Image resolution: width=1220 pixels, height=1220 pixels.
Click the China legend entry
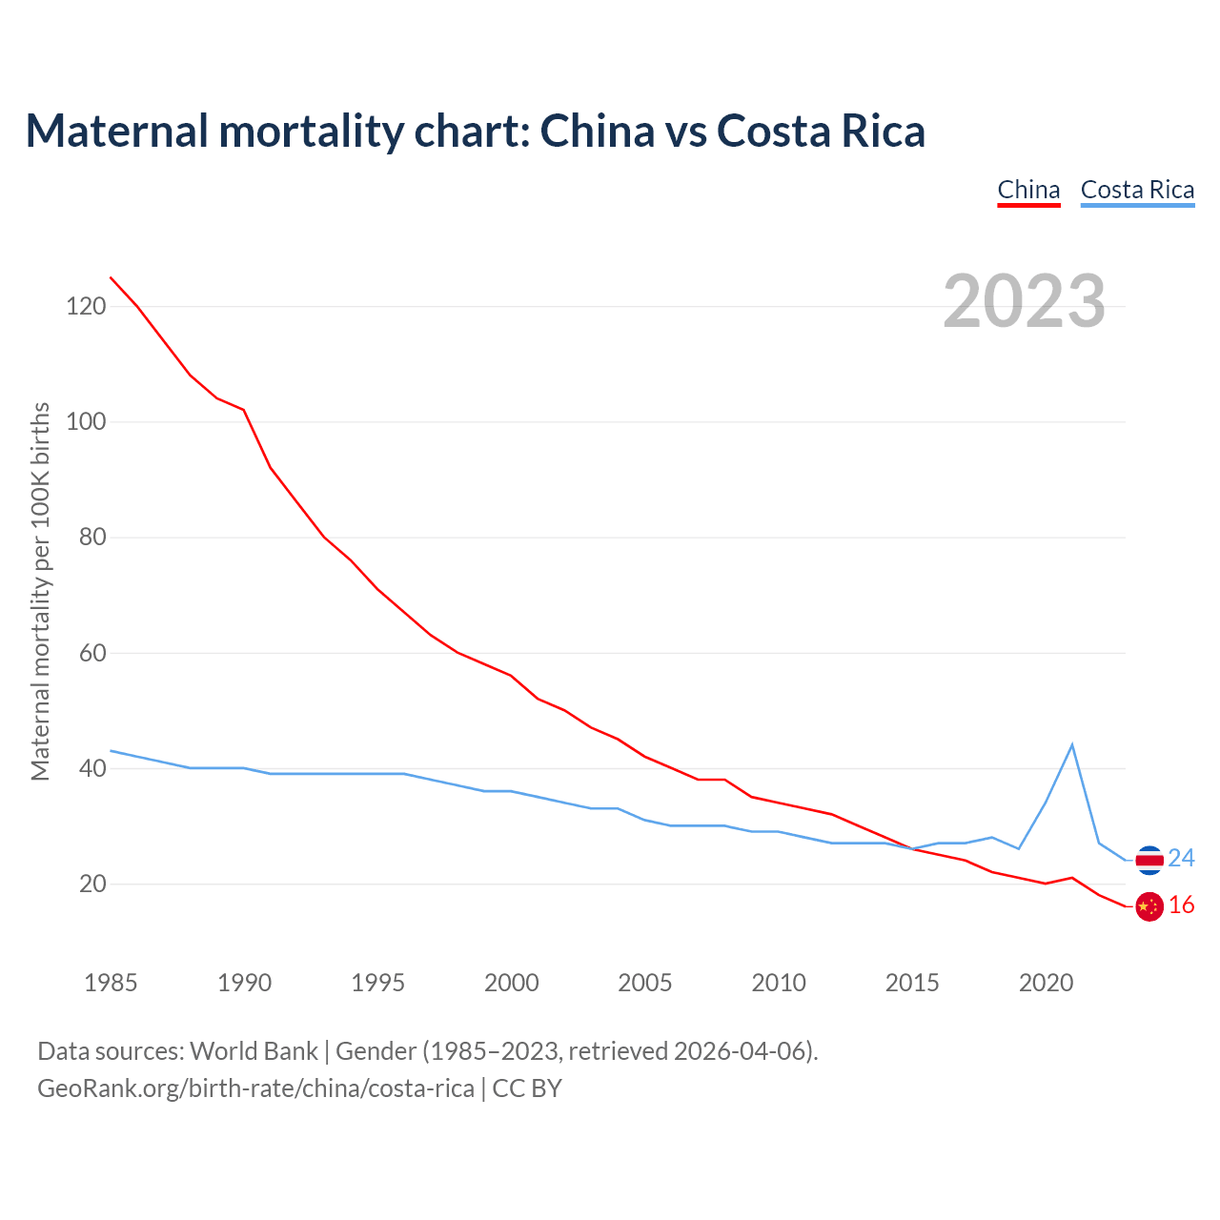pos(1028,190)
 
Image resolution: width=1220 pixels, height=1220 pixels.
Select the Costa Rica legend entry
pos(1137,190)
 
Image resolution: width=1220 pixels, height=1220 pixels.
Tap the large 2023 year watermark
pos(1024,301)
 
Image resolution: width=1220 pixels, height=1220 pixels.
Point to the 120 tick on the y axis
pos(86,306)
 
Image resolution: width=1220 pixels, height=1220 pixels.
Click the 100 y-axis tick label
pos(86,421)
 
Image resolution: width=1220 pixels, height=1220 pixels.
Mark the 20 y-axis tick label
pos(92,884)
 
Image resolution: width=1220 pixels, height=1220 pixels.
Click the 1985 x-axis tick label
pos(111,983)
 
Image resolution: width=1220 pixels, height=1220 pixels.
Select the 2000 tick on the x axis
pos(511,983)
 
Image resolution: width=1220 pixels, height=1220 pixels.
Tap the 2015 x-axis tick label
pos(912,983)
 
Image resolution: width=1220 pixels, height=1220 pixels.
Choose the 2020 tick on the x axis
pos(1046,983)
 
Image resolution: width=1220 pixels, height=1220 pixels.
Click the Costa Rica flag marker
pos(1149,860)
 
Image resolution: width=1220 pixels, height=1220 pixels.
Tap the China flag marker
pos(1149,906)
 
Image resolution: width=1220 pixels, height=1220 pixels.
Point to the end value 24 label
pos(1182,859)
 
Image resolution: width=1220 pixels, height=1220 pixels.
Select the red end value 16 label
pos(1182,905)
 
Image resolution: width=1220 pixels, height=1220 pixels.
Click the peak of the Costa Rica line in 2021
pos(1072,744)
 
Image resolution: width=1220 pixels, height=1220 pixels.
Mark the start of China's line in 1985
pos(111,277)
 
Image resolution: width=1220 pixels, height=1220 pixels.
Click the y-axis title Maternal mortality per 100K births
pos(40,591)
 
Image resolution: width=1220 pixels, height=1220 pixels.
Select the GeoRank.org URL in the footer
pos(255,1088)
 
